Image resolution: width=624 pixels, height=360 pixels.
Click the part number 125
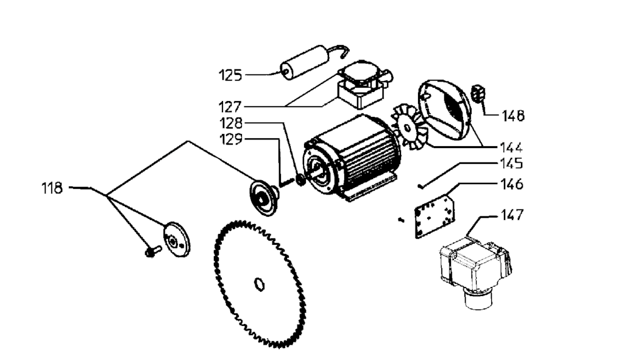pos(230,75)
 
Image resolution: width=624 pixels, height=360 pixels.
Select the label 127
pos(230,107)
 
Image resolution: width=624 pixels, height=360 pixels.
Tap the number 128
pos(231,123)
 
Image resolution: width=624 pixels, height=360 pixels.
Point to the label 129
pos(231,139)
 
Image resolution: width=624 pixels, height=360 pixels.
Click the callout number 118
pos(52,188)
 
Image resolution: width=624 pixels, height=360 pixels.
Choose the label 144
pos(511,147)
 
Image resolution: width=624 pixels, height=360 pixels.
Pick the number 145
pos(511,163)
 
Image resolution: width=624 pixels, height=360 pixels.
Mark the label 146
pos(512,184)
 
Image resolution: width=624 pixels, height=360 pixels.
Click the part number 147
pos(512,215)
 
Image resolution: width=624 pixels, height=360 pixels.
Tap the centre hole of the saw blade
pos(260,284)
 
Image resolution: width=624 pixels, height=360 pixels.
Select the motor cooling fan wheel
pos(408,128)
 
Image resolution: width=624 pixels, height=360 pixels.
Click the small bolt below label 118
pos(153,251)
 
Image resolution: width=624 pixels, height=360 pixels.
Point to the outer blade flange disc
pos(177,239)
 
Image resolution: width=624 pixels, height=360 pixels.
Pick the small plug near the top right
pos(478,93)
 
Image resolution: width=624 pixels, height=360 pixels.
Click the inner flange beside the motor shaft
pos(264,197)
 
